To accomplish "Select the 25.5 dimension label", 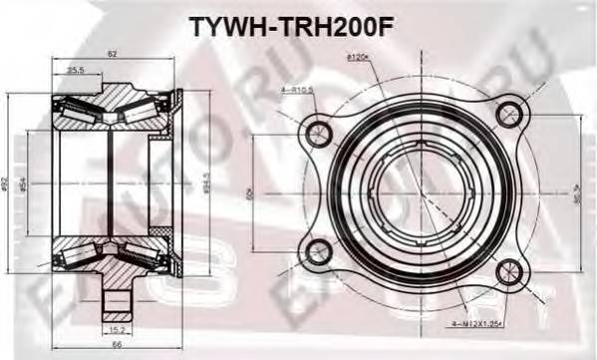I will (76, 71).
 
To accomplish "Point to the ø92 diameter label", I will (7, 183).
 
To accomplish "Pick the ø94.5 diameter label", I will (204, 183).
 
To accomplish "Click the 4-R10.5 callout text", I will (298, 90).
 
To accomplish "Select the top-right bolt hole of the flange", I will (511, 111).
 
